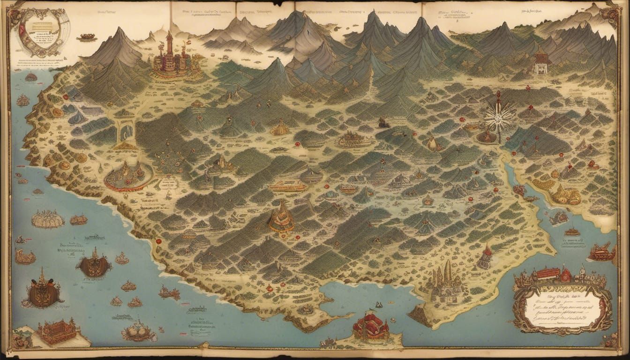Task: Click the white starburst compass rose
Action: coord(500,117)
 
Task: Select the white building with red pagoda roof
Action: coord(541,64)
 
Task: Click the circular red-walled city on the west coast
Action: coord(128,175)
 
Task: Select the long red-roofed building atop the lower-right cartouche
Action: coord(548,273)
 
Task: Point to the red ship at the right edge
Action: coord(602,253)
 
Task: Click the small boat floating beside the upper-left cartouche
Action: coord(87,37)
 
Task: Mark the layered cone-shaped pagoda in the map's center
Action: coord(282,217)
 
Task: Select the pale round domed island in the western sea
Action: coord(47,218)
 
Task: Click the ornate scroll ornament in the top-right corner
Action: coord(611,14)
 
